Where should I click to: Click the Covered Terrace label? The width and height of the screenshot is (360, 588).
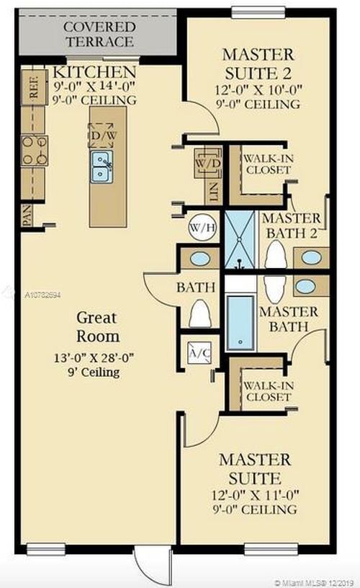point(99,34)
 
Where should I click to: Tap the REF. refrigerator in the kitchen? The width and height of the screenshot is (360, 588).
point(34,87)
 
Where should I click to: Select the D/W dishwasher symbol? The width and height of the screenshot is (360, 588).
point(101,135)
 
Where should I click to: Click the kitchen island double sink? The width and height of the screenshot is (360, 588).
point(101,166)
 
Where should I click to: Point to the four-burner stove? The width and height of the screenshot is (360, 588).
point(35,151)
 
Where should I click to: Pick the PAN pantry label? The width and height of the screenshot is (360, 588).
point(27,215)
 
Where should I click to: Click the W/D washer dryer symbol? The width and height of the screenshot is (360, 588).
point(208,163)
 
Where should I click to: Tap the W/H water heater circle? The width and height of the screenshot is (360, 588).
point(202,227)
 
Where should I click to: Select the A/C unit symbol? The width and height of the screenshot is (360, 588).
point(199,352)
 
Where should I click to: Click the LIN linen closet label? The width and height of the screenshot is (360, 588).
point(213,192)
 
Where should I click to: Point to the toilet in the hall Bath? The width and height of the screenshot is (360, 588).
point(199,314)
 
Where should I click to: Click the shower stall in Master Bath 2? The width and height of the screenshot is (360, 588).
point(240,239)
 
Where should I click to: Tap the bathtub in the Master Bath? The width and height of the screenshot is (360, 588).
point(240,323)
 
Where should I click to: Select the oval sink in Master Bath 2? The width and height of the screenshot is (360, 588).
point(311,257)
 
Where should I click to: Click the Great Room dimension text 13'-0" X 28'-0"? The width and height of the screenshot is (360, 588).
point(94,357)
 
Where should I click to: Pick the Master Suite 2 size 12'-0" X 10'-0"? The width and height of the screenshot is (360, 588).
point(258,90)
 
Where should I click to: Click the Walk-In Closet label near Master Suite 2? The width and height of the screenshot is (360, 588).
point(269,164)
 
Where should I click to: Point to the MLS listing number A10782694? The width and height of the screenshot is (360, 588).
point(42,295)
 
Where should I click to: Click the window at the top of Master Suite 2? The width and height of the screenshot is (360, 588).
point(258,12)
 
